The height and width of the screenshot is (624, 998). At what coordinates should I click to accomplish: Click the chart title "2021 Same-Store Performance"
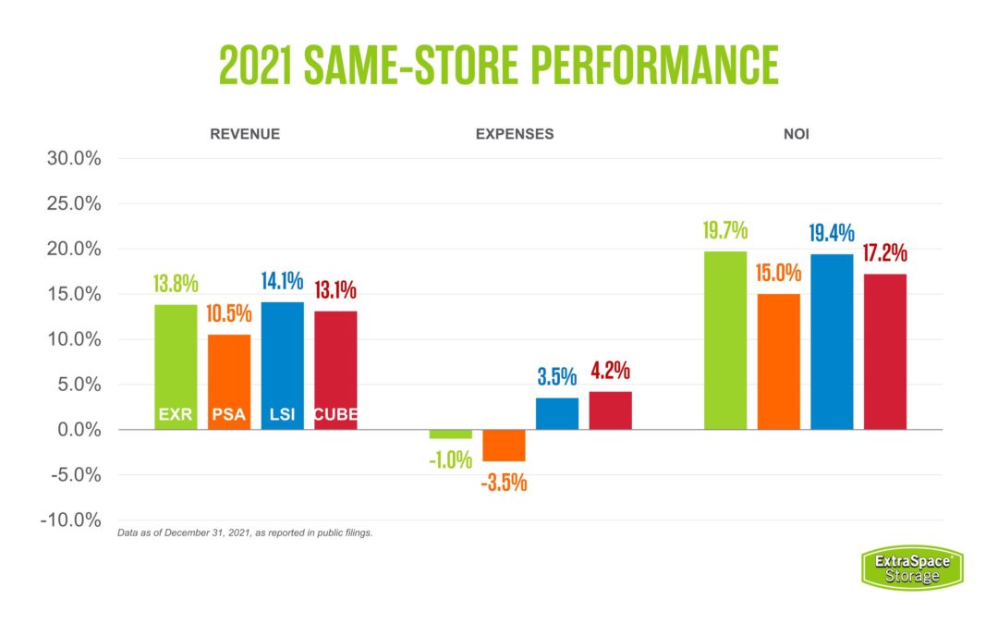(x=498, y=65)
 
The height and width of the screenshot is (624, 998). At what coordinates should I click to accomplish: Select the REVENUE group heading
(x=245, y=134)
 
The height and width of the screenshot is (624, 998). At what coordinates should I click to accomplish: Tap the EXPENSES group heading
(x=515, y=134)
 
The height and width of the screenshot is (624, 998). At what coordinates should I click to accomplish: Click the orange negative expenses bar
(x=504, y=446)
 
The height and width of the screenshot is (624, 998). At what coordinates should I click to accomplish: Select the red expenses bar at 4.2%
(x=610, y=410)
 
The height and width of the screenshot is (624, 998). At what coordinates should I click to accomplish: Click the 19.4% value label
(x=832, y=234)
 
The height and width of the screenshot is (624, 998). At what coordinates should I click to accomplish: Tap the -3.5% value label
(x=504, y=482)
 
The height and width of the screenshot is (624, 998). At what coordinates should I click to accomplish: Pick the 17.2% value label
(x=884, y=253)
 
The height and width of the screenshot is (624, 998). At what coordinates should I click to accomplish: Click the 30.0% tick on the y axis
(x=74, y=158)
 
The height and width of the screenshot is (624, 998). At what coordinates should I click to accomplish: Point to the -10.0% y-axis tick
(x=70, y=520)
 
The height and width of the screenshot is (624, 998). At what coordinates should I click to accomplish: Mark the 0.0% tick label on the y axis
(x=77, y=430)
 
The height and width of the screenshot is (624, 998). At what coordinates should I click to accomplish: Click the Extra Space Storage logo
(x=912, y=568)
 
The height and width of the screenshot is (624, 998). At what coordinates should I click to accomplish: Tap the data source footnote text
(x=245, y=533)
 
